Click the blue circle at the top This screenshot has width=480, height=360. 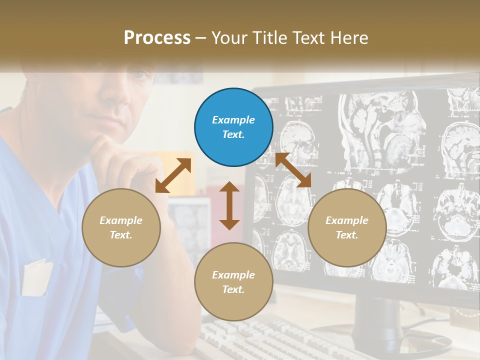pos(233,127)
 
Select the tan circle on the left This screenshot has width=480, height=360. pos(121,227)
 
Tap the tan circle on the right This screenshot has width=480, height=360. pos(347,227)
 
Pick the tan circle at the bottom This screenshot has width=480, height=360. pos(233,282)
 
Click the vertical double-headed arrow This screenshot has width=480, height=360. pos(229,205)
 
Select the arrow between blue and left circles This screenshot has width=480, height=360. pos(173,175)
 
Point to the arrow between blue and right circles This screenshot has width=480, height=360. pos(293,170)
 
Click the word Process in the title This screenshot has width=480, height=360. pos(157,37)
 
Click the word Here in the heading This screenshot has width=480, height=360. pos(349,37)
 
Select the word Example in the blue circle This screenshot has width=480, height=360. pos(233,120)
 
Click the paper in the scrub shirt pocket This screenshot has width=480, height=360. pos(37,277)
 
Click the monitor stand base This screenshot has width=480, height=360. pos(400,340)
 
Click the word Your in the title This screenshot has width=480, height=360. pos(228,37)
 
